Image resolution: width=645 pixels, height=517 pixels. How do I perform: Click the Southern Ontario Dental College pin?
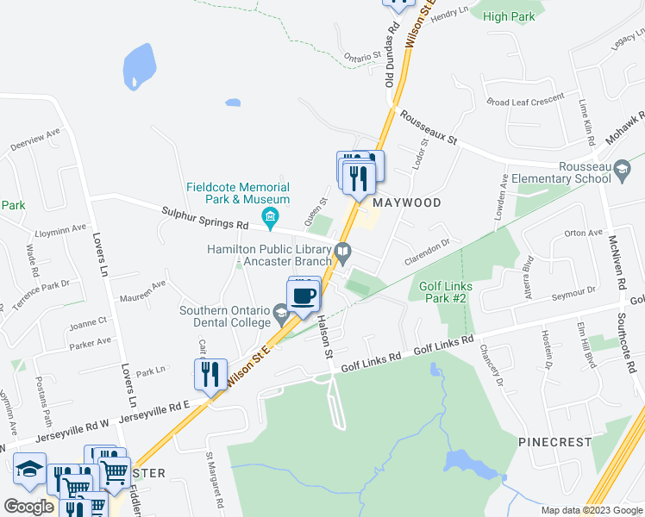click(x=280, y=311)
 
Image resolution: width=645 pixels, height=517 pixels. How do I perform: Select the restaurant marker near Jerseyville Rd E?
click(x=210, y=374)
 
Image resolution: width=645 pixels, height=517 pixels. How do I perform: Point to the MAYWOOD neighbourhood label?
click(x=407, y=202)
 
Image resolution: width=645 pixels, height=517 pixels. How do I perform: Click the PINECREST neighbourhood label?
click(x=555, y=442)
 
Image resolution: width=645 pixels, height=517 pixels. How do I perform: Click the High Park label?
click(x=509, y=16)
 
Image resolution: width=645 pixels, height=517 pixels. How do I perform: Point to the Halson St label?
click(x=324, y=337)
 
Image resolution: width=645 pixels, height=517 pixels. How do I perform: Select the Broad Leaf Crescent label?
click(x=524, y=101)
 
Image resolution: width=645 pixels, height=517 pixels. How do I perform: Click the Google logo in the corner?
click(x=29, y=506)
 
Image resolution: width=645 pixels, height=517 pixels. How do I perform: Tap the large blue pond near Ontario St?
click(x=139, y=65)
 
